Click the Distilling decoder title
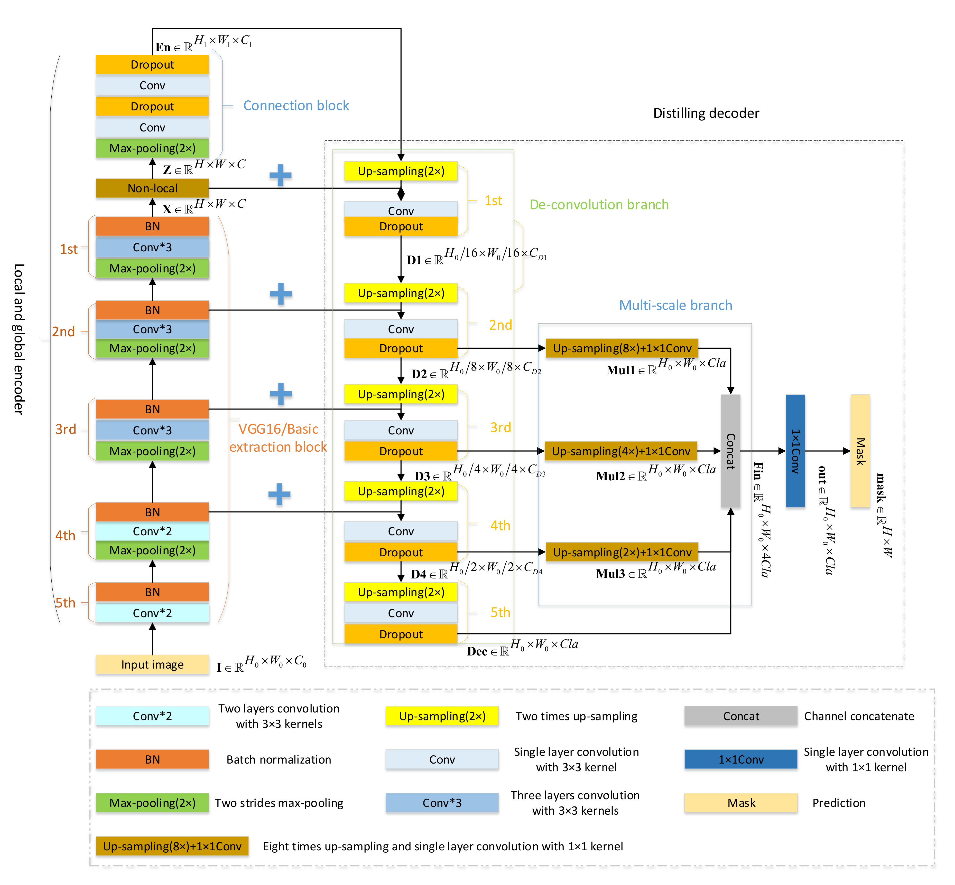[x=706, y=113]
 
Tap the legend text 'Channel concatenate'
[x=859, y=716]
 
